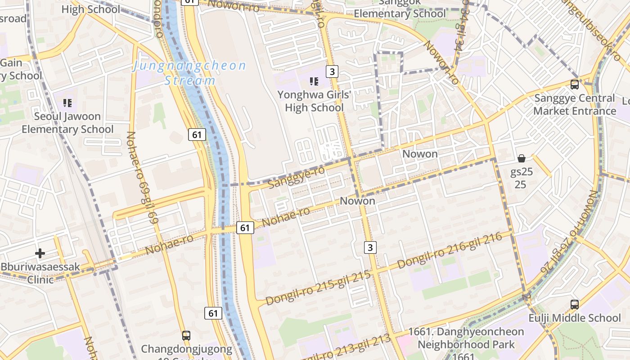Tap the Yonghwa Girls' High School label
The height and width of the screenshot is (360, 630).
[x=314, y=101]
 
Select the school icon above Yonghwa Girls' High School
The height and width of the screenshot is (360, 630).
[x=314, y=81]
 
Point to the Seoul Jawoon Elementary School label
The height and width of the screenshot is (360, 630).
[x=67, y=123]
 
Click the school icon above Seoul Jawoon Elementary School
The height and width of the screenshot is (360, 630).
[x=67, y=103]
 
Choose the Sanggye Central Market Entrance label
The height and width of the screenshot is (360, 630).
[x=575, y=104]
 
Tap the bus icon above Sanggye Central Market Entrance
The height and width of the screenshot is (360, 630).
[x=575, y=84]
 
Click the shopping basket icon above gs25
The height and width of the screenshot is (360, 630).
[x=522, y=158]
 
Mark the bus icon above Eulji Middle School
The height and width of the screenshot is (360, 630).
[x=575, y=304]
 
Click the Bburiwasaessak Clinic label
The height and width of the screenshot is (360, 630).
[x=40, y=273]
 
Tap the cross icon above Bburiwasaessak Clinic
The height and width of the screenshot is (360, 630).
[x=40, y=253]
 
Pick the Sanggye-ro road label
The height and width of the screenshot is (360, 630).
[x=296, y=177]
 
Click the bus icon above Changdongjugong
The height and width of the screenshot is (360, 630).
[x=186, y=335]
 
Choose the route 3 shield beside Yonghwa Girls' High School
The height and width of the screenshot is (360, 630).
[x=332, y=72]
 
